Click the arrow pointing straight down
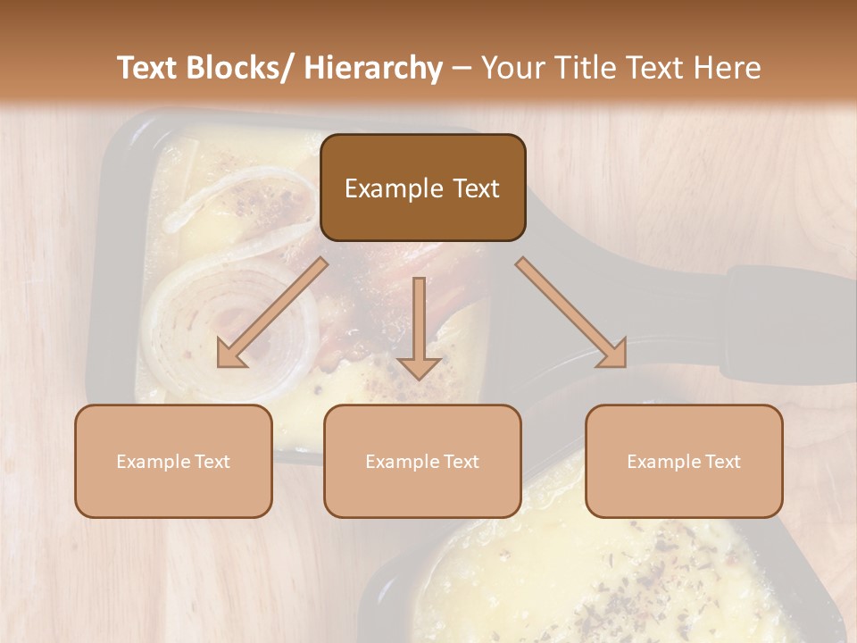click(x=419, y=330)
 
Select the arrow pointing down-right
click(x=571, y=313)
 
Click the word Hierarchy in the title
click(x=373, y=68)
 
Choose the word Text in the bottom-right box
click(x=722, y=462)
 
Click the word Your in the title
click(x=514, y=68)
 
